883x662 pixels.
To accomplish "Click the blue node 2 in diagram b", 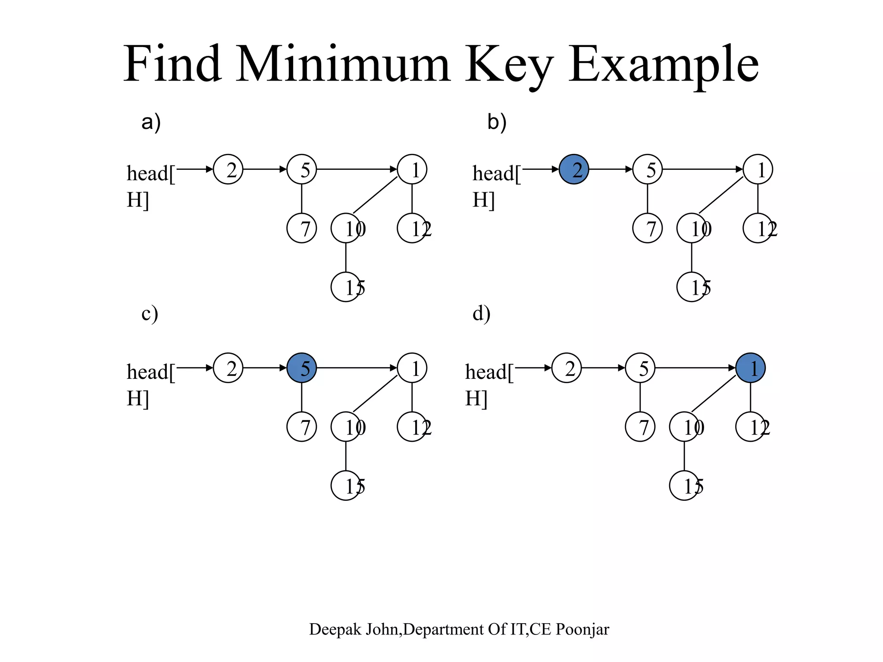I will (574, 169).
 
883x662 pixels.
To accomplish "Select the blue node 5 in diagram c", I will (301, 368).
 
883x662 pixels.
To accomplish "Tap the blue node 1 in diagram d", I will (751, 368).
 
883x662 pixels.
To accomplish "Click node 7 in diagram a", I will (301, 228).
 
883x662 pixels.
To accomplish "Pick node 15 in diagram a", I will (346, 287).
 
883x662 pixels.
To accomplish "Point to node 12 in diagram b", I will (758, 228).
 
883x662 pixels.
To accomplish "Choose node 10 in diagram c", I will (346, 427).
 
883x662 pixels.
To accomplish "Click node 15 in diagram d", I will (684, 486).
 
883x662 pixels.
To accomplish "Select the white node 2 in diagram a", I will (228, 169).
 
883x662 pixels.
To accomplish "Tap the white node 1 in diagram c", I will (412, 368).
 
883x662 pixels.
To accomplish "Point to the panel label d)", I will (481, 313).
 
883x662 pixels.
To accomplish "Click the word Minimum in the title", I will (343, 65).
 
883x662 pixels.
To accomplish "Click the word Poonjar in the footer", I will (582, 630).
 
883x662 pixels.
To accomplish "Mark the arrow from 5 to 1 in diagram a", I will (357, 169).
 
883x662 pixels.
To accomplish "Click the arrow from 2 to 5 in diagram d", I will (603, 368).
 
